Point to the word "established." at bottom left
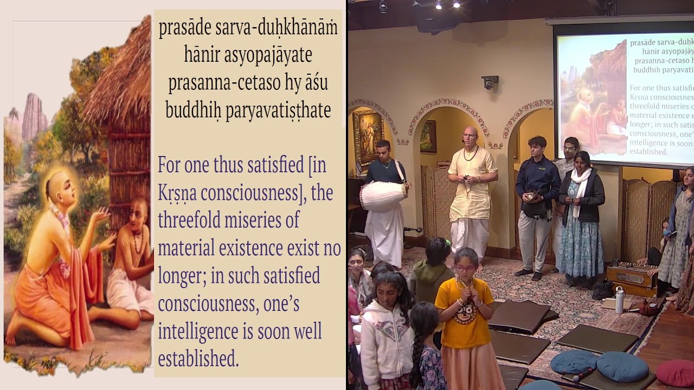198,359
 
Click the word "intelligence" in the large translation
207,331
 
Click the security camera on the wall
490,82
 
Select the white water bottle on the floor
619,300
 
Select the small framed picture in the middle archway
428,136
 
